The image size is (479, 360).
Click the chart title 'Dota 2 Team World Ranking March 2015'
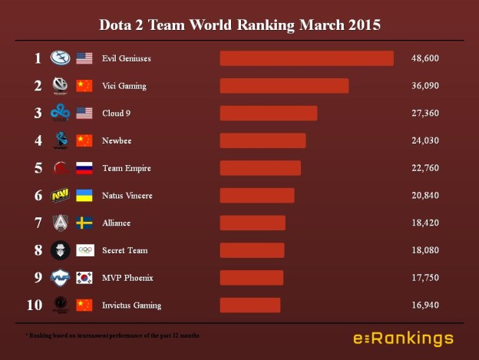[x=240, y=25]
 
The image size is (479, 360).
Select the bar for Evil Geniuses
[x=306, y=58]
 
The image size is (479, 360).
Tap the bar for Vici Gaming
[x=284, y=85]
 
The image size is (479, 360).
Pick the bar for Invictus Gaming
[x=250, y=306]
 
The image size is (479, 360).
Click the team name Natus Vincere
[x=127, y=196]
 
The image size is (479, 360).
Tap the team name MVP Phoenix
[x=127, y=278]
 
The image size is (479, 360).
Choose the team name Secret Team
[x=124, y=250]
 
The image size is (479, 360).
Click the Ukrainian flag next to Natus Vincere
[x=84, y=196]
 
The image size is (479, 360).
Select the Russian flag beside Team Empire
[x=84, y=168]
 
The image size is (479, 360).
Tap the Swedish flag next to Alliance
[x=84, y=223]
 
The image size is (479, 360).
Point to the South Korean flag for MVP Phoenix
[x=84, y=278]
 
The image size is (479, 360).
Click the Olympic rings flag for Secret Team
[x=84, y=250]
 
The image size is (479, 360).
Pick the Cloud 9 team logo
[x=61, y=113]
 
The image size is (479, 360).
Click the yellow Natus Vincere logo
[x=61, y=196]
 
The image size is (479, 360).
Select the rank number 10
[x=35, y=306]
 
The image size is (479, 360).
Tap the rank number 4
[x=38, y=140]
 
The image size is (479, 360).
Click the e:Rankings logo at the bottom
[x=403, y=339]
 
